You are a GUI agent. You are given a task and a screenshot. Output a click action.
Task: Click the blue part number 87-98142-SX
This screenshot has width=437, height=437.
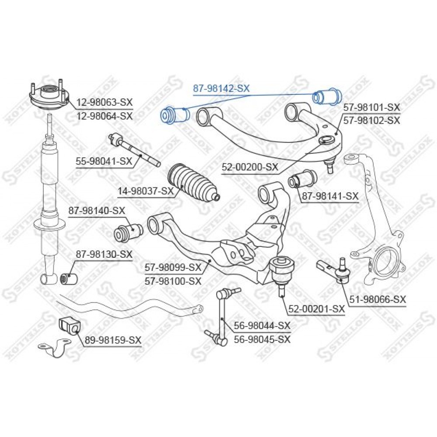(x=221, y=88)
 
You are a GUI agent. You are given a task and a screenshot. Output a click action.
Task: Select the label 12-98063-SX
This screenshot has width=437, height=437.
(x=105, y=102)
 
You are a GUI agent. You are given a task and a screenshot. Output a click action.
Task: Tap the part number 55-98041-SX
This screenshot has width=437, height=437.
(x=104, y=161)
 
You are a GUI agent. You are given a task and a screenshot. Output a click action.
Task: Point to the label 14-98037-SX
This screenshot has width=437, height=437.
(x=146, y=191)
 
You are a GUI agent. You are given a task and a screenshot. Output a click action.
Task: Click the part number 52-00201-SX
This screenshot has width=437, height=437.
(x=316, y=309)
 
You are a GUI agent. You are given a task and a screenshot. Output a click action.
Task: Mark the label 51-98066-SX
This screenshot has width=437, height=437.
(x=378, y=300)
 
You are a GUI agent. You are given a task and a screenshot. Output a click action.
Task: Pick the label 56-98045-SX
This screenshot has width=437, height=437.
(x=262, y=339)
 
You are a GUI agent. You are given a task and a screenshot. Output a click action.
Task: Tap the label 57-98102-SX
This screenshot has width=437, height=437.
(x=371, y=121)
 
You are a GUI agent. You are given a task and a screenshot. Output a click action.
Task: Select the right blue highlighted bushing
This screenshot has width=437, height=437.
(x=327, y=97)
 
